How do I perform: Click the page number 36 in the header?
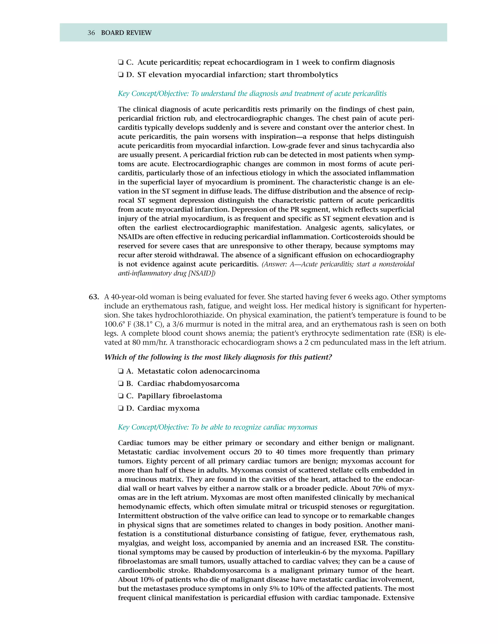coord(91,33)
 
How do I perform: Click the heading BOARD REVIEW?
coord(126,33)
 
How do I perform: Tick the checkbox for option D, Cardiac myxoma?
coord(120,409)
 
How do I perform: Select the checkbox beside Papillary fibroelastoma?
coord(120,396)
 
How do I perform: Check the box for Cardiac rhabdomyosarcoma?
coord(120,384)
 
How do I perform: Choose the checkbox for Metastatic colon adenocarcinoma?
coord(120,371)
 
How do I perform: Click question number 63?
coord(94,297)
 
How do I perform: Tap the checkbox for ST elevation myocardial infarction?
coord(120,75)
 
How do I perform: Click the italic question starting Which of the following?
coord(218,357)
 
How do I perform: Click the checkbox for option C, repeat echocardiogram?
coord(120,62)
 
